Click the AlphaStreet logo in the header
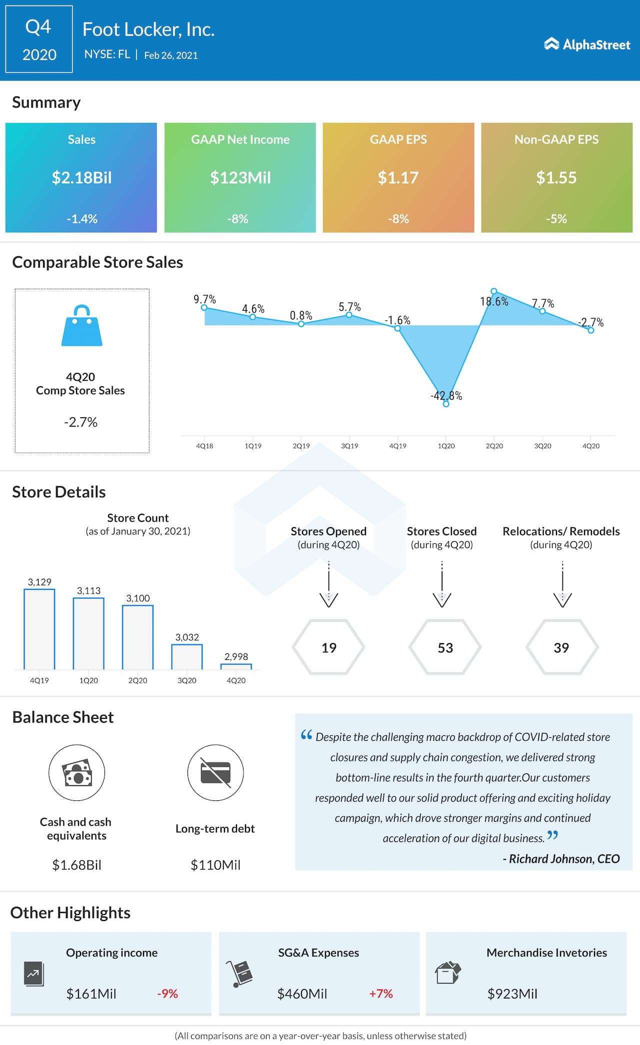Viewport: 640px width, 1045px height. click(x=587, y=45)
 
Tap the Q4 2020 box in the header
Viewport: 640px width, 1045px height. click(x=39, y=40)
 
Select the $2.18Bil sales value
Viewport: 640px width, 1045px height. click(x=81, y=178)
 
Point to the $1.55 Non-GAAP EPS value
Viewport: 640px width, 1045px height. click(x=556, y=178)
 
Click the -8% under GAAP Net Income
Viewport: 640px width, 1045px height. click(x=238, y=219)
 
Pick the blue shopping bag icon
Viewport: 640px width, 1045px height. click(x=82, y=326)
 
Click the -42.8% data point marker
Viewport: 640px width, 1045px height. click(x=446, y=404)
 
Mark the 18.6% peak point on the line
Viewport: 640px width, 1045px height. click(x=493, y=291)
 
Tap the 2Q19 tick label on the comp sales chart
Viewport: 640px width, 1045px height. click(x=301, y=446)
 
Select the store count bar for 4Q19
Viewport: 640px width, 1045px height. click(x=39, y=629)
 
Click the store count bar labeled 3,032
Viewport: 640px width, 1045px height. click(x=187, y=656)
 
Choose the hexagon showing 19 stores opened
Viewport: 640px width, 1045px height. click(x=328, y=647)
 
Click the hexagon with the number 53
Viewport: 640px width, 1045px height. click(x=445, y=647)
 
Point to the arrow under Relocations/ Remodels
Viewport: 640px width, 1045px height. click(x=562, y=585)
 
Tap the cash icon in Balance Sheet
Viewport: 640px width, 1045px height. click(x=77, y=773)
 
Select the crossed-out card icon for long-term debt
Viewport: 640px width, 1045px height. click(x=215, y=773)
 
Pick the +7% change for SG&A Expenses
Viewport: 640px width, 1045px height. click(x=381, y=993)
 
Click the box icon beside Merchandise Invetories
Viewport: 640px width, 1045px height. click(x=447, y=972)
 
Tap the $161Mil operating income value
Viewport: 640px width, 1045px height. click(x=91, y=993)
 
